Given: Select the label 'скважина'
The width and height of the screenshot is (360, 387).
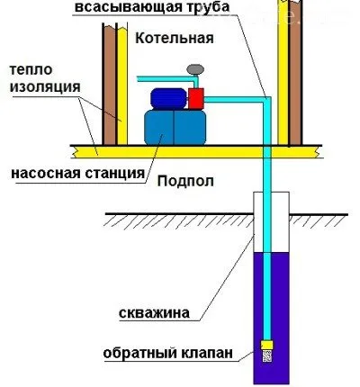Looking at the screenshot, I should (155, 314).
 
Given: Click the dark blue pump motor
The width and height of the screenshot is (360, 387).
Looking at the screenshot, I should (166, 97).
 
